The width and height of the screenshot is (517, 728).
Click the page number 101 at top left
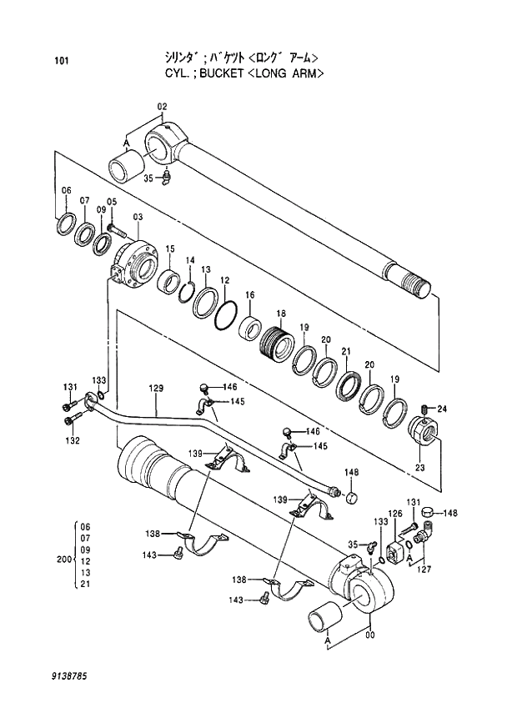pyautogui.click(x=60, y=61)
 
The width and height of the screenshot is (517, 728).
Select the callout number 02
pyautogui.click(x=162, y=106)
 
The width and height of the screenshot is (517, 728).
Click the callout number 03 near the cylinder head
pyautogui.click(x=137, y=217)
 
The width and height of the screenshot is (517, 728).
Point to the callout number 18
pyautogui.click(x=281, y=314)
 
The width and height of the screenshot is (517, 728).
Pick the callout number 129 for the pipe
pyautogui.click(x=156, y=389)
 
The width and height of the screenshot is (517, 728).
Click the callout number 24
pyautogui.click(x=442, y=409)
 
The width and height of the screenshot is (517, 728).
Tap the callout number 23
pyautogui.click(x=420, y=468)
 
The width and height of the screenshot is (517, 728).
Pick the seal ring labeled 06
pyautogui.click(x=66, y=224)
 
